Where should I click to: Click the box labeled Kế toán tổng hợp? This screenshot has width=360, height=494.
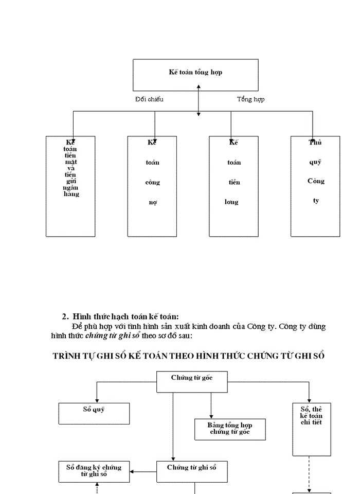[195, 75]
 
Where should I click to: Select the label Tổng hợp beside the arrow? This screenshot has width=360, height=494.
[250, 99]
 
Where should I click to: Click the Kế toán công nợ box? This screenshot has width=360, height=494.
[152, 186]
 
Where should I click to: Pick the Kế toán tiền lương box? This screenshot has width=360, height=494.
[233, 186]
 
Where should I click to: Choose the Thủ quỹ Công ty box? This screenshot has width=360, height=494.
[315, 186]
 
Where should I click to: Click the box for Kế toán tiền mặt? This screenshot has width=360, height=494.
[70, 186]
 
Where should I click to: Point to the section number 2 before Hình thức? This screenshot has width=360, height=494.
[65, 317]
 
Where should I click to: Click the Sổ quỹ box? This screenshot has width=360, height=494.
[94, 413]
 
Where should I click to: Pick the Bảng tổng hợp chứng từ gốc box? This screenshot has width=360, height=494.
[230, 429]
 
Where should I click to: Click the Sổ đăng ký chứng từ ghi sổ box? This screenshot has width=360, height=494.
[94, 471]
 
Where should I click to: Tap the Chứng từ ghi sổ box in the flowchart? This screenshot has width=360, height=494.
[192, 471]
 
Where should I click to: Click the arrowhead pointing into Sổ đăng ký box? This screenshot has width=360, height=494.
[132, 471]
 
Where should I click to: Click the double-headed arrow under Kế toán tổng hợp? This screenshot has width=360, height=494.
[199, 101]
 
